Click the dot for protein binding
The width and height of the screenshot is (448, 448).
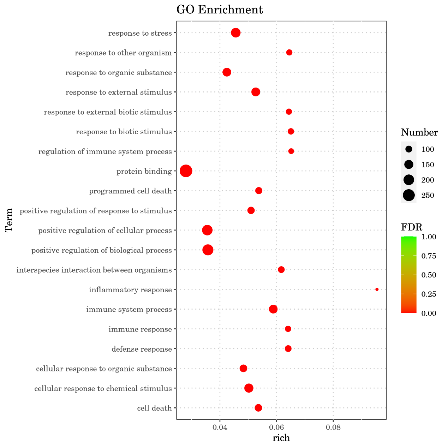[186, 171]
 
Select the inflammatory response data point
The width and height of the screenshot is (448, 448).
[377, 289]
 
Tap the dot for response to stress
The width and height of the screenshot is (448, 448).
[236, 33]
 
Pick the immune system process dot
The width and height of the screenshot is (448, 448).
[273, 309]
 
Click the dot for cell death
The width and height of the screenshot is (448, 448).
[258, 408]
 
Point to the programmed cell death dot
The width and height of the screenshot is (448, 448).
[259, 191]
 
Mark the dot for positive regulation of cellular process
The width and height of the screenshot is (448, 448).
[207, 231]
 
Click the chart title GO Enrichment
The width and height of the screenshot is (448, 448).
[220, 10]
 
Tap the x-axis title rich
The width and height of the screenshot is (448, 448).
[281, 438]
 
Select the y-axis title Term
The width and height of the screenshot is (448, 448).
[9, 220]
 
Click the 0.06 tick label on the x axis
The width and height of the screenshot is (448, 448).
[276, 428]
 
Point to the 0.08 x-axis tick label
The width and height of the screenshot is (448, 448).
[333, 428]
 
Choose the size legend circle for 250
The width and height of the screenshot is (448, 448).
[409, 195]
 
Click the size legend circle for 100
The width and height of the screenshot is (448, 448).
[409, 149]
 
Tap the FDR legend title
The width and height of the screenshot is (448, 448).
[412, 227]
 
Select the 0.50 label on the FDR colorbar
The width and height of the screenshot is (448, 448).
[429, 275]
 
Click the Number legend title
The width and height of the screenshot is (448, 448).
[419, 133]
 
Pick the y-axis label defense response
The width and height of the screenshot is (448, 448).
[142, 350]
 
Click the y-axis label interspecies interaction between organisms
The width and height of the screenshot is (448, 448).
[94, 270]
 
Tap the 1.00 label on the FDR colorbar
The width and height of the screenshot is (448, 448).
[429, 237]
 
